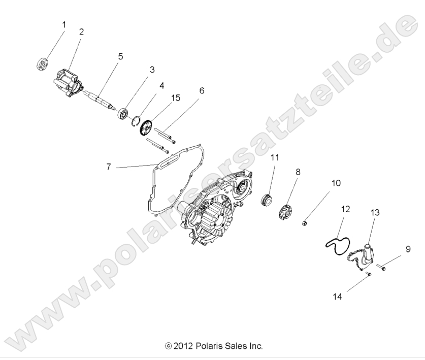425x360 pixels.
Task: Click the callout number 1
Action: point(63,24)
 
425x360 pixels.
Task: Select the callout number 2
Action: point(81,31)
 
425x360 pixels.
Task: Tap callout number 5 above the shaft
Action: point(120,56)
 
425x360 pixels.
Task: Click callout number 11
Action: point(275,158)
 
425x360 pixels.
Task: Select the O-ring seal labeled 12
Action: point(337,239)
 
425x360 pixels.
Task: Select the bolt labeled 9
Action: point(382,266)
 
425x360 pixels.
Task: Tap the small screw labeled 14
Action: point(369,274)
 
